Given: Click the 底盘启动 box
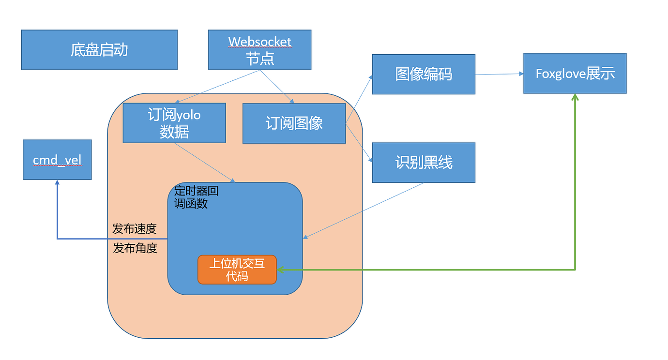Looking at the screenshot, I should pyautogui.click(x=99, y=50).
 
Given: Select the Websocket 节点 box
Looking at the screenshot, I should pyautogui.click(x=259, y=50).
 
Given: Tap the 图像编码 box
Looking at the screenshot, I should pyautogui.click(x=424, y=74).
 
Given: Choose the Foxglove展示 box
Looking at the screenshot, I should pyautogui.click(x=575, y=74).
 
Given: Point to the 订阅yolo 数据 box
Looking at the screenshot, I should pyautogui.click(x=174, y=123).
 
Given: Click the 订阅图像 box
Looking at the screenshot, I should pyautogui.click(x=294, y=123).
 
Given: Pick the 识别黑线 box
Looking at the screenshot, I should pyautogui.click(x=424, y=163).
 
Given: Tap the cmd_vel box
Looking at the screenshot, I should pyautogui.click(x=57, y=160).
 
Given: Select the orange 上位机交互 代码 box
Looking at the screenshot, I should pyautogui.click(x=237, y=270).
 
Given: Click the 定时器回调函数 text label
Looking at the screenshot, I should pyautogui.click(x=196, y=197).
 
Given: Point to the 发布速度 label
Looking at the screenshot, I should pyautogui.click(x=135, y=229).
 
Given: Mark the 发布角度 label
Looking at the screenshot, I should pyautogui.click(x=135, y=249).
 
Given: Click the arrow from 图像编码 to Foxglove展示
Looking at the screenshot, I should pyautogui.click(x=499, y=74).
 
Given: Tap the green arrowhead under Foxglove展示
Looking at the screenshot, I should pyautogui.click(x=575, y=97).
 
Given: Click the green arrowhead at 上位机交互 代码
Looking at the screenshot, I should pyautogui.click(x=280, y=270).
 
